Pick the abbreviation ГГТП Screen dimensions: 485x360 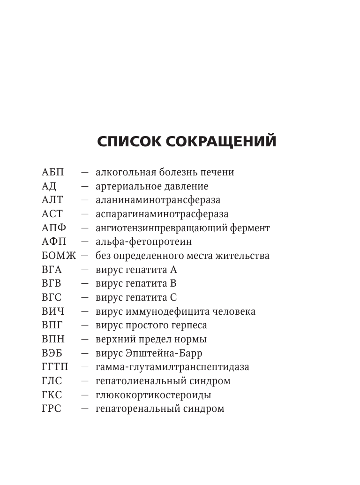point(55,367)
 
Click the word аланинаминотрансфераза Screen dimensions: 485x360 point(158,200)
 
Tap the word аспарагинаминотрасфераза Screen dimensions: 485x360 point(162,214)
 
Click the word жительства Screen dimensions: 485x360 point(244,256)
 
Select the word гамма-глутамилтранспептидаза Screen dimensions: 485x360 point(172,367)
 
